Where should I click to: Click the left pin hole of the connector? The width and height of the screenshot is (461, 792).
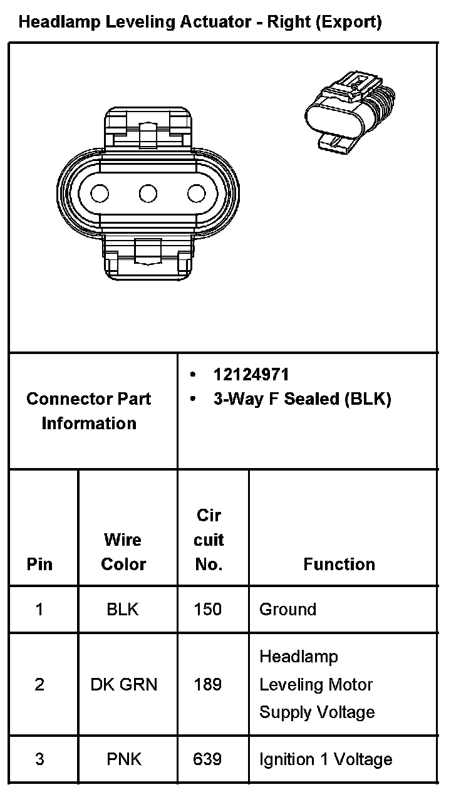[100, 194]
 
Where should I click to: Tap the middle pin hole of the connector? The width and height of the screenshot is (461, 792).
[148, 194]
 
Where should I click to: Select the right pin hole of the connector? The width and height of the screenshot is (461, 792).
[197, 194]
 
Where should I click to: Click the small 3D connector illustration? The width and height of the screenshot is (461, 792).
[350, 112]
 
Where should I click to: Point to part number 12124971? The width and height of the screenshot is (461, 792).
[251, 375]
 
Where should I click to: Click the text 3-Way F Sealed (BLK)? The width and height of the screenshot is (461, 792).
[303, 399]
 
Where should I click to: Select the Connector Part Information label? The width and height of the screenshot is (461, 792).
[89, 411]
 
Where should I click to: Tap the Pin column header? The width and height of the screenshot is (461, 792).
[39, 564]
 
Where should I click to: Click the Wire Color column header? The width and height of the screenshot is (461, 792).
[123, 552]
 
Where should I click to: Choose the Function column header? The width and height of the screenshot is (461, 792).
[339, 564]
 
